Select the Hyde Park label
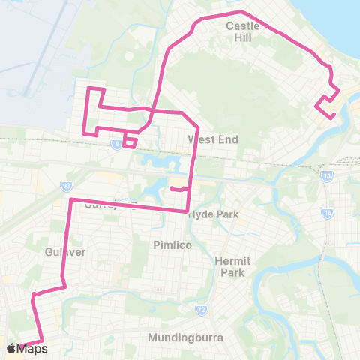(x=213, y=214)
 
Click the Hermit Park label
(x=229, y=266)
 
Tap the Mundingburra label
(x=185, y=337)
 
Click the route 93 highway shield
(x=66, y=185)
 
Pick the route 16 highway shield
(x=328, y=213)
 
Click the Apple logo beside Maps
(x=10, y=348)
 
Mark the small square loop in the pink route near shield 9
(x=130, y=141)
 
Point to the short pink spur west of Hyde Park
(x=178, y=189)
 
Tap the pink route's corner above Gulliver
(x=70, y=200)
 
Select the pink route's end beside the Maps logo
(x=43, y=342)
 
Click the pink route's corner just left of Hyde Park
(x=187, y=212)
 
